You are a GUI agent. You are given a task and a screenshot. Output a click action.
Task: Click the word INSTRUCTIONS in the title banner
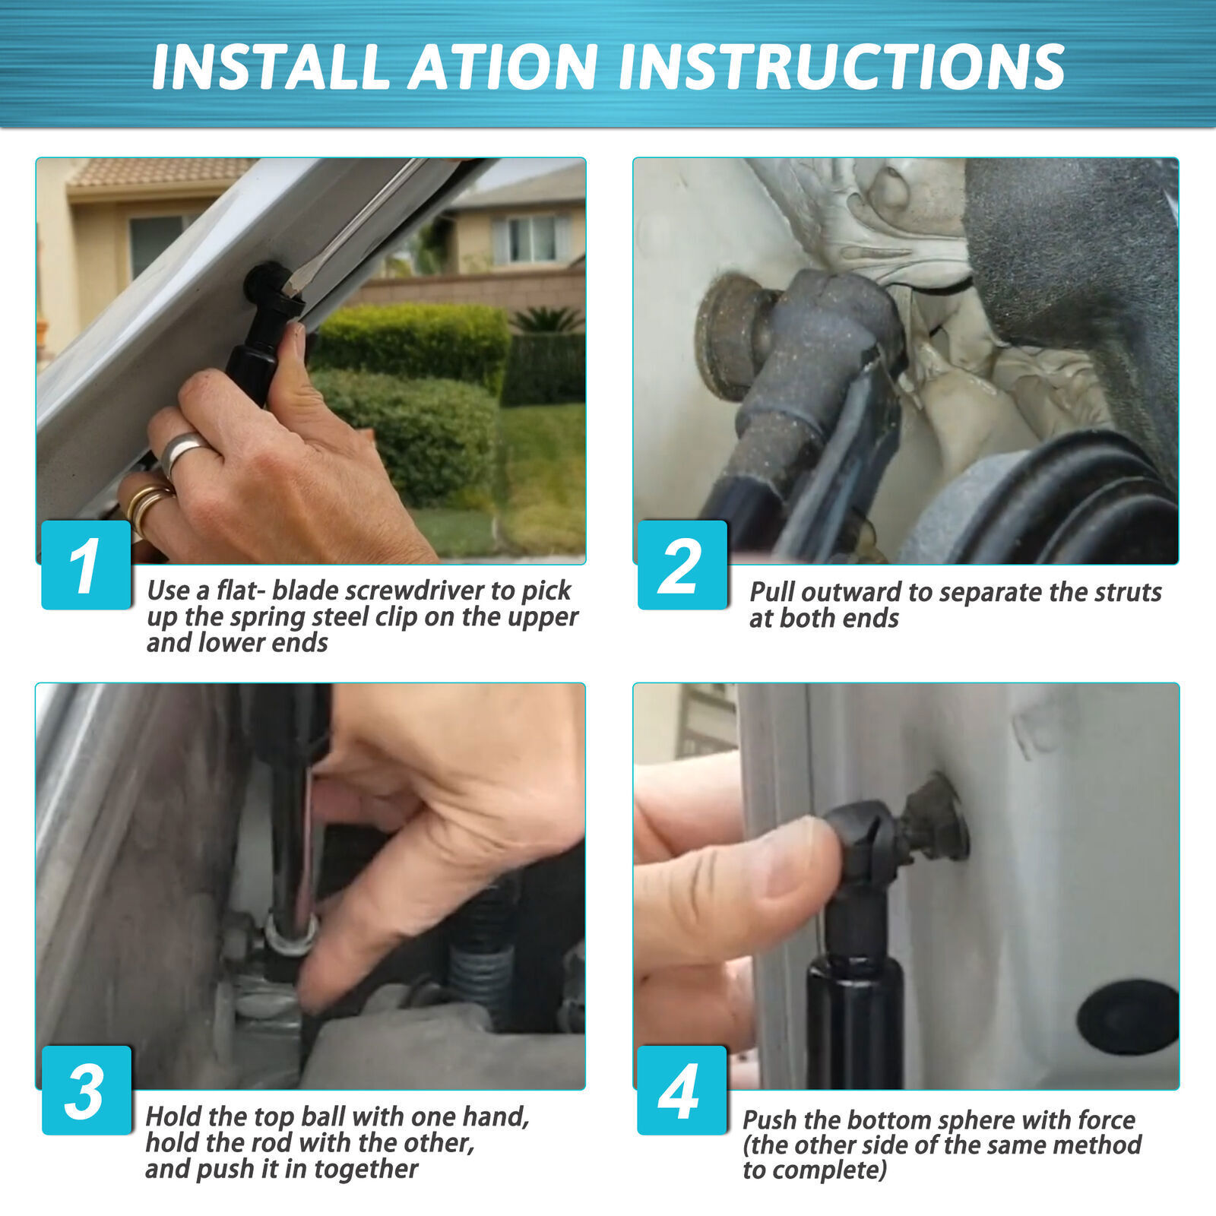(x=842, y=67)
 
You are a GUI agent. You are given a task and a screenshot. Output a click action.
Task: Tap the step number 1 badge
(x=86, y=565)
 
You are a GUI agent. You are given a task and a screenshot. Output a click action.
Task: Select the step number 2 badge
(x=682, y=565)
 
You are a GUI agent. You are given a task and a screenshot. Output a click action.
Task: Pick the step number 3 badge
(x=86, y=1091)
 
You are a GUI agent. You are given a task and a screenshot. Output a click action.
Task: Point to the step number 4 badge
(x=682, y=1091)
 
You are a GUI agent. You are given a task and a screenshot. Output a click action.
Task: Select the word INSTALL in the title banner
(x=271, y=67)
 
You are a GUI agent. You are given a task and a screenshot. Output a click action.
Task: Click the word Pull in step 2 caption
(x=772, y=592)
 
